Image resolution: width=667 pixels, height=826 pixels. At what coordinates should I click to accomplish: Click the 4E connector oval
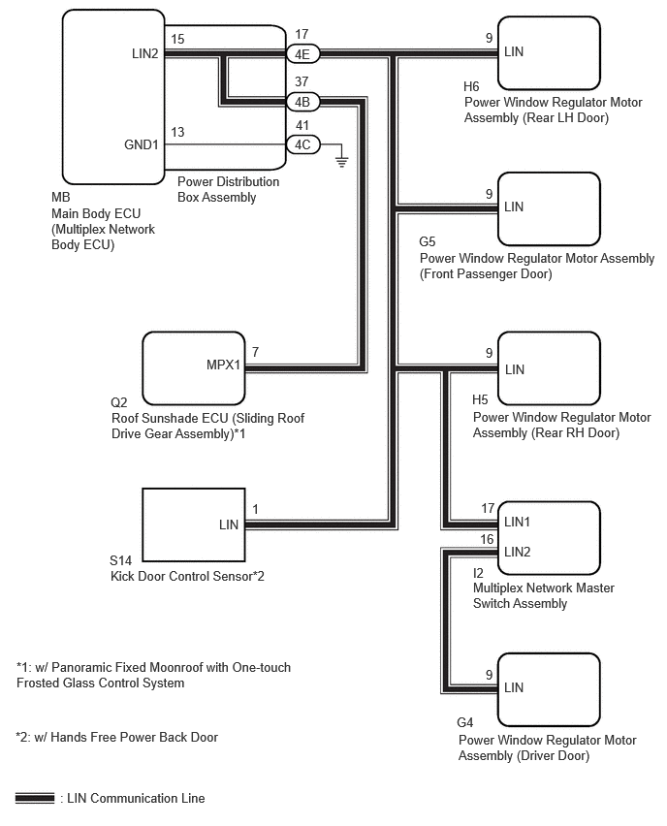pyautogui.click(x=302, y=53)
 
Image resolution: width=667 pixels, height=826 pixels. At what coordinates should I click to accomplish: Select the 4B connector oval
pyautogui.click(x=302, y=102)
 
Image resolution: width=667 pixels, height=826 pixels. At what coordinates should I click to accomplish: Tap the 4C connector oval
pyautogui.click(x=302, y=144)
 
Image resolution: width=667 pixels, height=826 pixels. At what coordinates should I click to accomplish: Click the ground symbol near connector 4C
pyautogui.click(x=342, y=161)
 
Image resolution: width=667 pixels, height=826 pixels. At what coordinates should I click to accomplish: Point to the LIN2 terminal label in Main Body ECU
pyautogui.click(x=144, y=53)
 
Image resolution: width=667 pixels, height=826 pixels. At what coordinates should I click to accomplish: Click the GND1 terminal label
pyautogui.click(x=142, y=144)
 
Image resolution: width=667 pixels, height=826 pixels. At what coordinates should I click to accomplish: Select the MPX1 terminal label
pyautogui.click(x=223, y=365)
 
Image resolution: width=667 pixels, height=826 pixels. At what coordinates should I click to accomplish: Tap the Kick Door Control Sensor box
pyautogui.click(x=194, y=524)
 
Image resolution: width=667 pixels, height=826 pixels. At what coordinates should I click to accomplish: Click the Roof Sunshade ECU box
pyautogui.click(x=194, y=368)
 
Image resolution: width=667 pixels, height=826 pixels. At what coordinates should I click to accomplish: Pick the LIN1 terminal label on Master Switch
pyautogui.click(x=517, y=522)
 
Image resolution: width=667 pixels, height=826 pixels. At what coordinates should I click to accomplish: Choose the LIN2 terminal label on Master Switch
pyautogui.click(x=517, y=552)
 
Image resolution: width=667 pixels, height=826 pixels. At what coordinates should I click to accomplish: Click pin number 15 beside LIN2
pyautogui.click(x=177, y=39)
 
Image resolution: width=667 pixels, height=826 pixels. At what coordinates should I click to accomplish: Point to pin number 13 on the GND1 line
pyautogui.click(x=177, y=132)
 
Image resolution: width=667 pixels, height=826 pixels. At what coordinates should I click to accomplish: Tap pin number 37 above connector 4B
pyautogui.click(x=302, y=81)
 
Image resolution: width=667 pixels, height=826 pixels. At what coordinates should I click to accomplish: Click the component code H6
pyautogui.click(x=471, y=86)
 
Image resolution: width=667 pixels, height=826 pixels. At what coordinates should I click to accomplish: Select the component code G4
pyautogui.click(x=465, y=722)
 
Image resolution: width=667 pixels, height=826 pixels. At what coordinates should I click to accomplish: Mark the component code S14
pyautogui.click(x=120, y=560)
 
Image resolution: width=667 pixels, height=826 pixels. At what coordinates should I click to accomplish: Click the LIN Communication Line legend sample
pyautogui.click(x=35, y=798)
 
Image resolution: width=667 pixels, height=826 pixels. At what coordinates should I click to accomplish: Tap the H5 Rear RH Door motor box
pyautogui.click(x=549, y=368)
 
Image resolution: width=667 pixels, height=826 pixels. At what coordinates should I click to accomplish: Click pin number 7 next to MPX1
pyautogui.click(x=256, y=352)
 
